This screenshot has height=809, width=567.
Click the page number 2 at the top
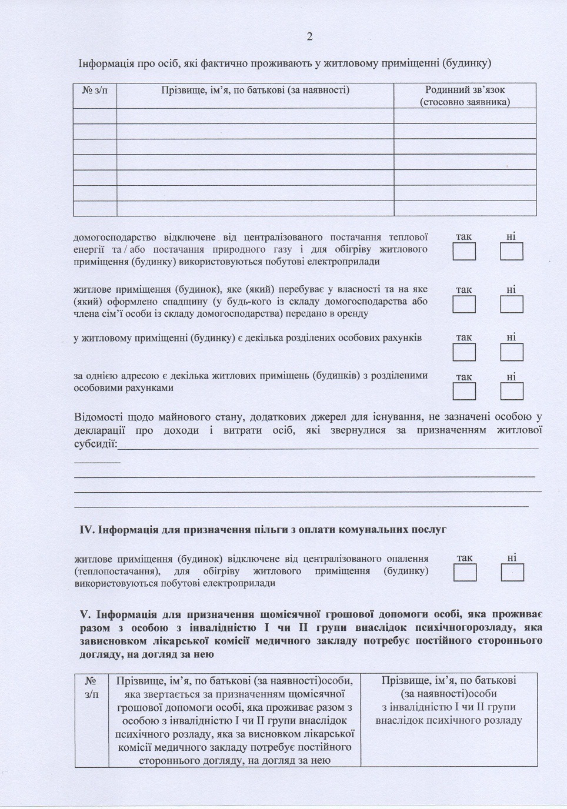(309, 36)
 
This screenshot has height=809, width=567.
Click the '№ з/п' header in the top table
(95, 90)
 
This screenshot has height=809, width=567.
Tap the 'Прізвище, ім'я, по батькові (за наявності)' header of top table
(255, 90)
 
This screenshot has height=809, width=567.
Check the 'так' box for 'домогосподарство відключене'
(464, 252)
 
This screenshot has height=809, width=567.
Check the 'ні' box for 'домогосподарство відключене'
(511, 252)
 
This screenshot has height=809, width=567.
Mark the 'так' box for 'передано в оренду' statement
(464, 304)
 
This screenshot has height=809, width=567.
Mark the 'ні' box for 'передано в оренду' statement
(511, 304)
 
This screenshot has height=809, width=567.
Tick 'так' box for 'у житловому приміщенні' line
(464, 352)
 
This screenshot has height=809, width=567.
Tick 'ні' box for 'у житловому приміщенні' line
(511, 352)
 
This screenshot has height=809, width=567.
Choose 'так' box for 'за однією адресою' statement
(464, 391)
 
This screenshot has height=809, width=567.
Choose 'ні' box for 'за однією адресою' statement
(511, 391)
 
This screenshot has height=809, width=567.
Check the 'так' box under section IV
(465, 572)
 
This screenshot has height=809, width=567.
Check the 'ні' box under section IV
(512, 572)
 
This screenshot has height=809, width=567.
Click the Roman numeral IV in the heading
(86, 530)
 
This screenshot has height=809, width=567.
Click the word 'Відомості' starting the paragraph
(99, 417)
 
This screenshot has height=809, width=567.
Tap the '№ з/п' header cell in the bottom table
(91, 687)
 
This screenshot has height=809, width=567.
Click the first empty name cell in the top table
(255, 115)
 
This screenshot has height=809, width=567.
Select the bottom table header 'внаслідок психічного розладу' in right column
(449, 720)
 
